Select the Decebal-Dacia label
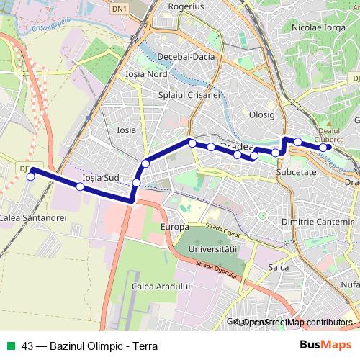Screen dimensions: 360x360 184,56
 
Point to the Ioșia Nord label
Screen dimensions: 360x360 145,74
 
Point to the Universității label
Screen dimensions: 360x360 212,247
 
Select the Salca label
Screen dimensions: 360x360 278,267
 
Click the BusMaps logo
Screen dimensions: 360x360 325,345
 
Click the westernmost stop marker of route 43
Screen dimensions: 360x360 30,176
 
